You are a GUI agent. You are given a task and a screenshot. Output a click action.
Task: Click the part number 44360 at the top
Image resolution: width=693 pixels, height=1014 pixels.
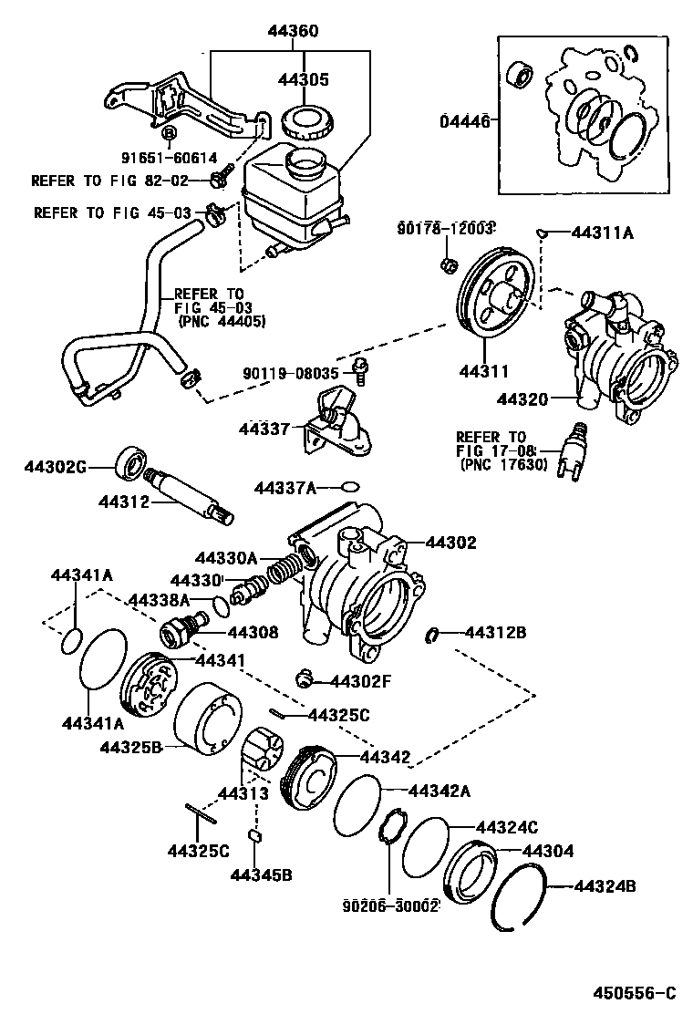(293, 31)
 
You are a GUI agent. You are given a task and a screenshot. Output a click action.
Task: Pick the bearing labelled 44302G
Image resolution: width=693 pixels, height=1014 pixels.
(129, 462)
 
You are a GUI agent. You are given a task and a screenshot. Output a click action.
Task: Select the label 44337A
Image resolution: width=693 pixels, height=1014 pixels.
(284, 489)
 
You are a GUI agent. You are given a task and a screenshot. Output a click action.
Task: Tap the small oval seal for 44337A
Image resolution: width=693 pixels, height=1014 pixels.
(352, 487)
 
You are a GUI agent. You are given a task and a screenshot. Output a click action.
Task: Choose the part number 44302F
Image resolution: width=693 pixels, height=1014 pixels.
(360, 679)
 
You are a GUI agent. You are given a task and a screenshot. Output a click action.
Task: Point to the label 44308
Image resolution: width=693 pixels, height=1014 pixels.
(253, 632)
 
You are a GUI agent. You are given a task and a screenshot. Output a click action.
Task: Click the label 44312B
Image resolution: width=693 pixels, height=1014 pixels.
(495, 632)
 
